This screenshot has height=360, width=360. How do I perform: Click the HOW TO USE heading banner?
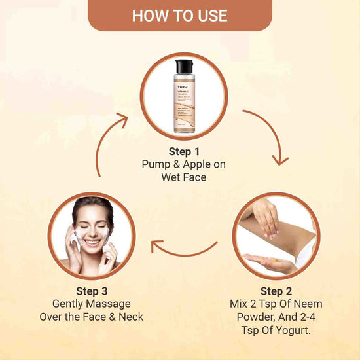(179, 15)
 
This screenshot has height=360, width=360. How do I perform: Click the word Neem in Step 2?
(306, 304)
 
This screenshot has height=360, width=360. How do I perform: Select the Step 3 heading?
(87, 291)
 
